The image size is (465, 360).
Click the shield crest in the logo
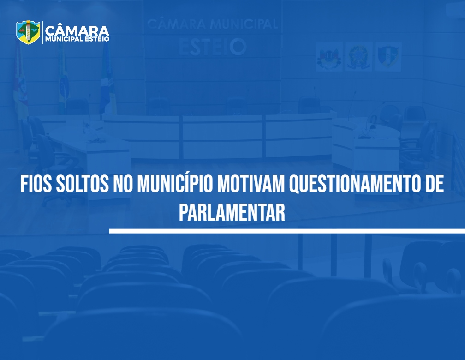(28, 32)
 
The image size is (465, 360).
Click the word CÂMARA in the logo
(77, 30)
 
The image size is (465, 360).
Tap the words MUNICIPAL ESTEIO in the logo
(77, 39)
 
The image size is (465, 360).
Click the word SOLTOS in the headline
(82, 184)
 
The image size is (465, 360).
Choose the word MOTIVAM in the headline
(251, 184)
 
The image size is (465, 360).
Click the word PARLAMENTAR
(232, 212)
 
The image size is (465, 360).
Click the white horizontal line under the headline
(287, 231)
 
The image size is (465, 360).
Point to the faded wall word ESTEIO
(213, 47)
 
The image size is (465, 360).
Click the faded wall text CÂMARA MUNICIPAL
(212, 24)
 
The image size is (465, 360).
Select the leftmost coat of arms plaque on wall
(329, 57)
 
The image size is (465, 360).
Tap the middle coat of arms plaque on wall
(358, 56)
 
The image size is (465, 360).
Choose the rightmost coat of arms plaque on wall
(388, 56)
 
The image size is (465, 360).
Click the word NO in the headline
(123, 184)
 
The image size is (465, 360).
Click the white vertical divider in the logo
(42, 32)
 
